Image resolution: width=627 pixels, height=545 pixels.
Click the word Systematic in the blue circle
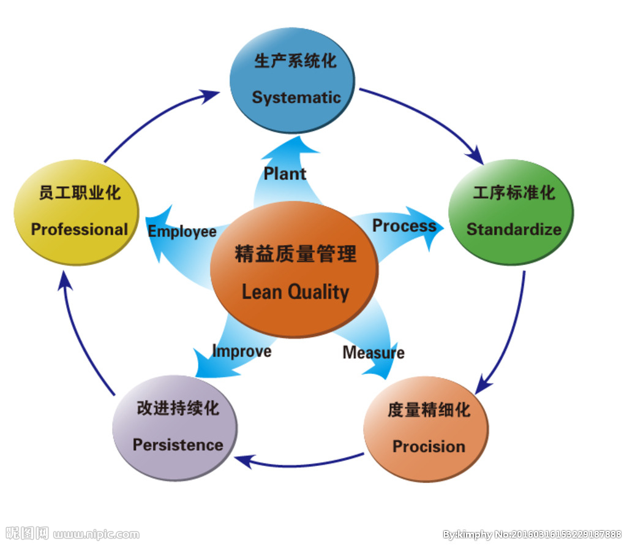(x=296, y=97)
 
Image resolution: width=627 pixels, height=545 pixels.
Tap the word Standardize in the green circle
(x=514, y=229)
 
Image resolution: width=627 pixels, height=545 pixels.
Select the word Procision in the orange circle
(x=429, y=446)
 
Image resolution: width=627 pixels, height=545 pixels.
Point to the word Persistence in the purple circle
(x=178, y=444)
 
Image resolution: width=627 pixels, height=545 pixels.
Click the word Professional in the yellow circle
(x=80, y=229)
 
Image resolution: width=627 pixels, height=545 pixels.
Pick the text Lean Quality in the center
(x=295, y=292)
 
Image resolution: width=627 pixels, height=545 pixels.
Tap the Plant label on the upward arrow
(x=285, y=173)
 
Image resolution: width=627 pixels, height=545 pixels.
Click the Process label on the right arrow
(x=404, y=226)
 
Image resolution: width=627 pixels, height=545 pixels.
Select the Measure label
(x=374, y=353)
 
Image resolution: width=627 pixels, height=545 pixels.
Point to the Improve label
(x=241, y=351)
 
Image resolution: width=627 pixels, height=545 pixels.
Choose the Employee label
(x=182, y=232)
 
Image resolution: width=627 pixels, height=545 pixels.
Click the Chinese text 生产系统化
(x=295, y=61)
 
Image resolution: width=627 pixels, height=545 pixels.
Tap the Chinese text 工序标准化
(x=514, y=193)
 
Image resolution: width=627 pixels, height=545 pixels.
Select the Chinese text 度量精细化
(x=429, y=410)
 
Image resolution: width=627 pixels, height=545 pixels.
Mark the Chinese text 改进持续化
(x=178, y=408)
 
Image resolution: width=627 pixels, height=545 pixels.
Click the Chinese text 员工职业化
(x=80, y=193)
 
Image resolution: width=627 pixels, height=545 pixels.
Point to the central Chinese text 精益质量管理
(x=295, y=254)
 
